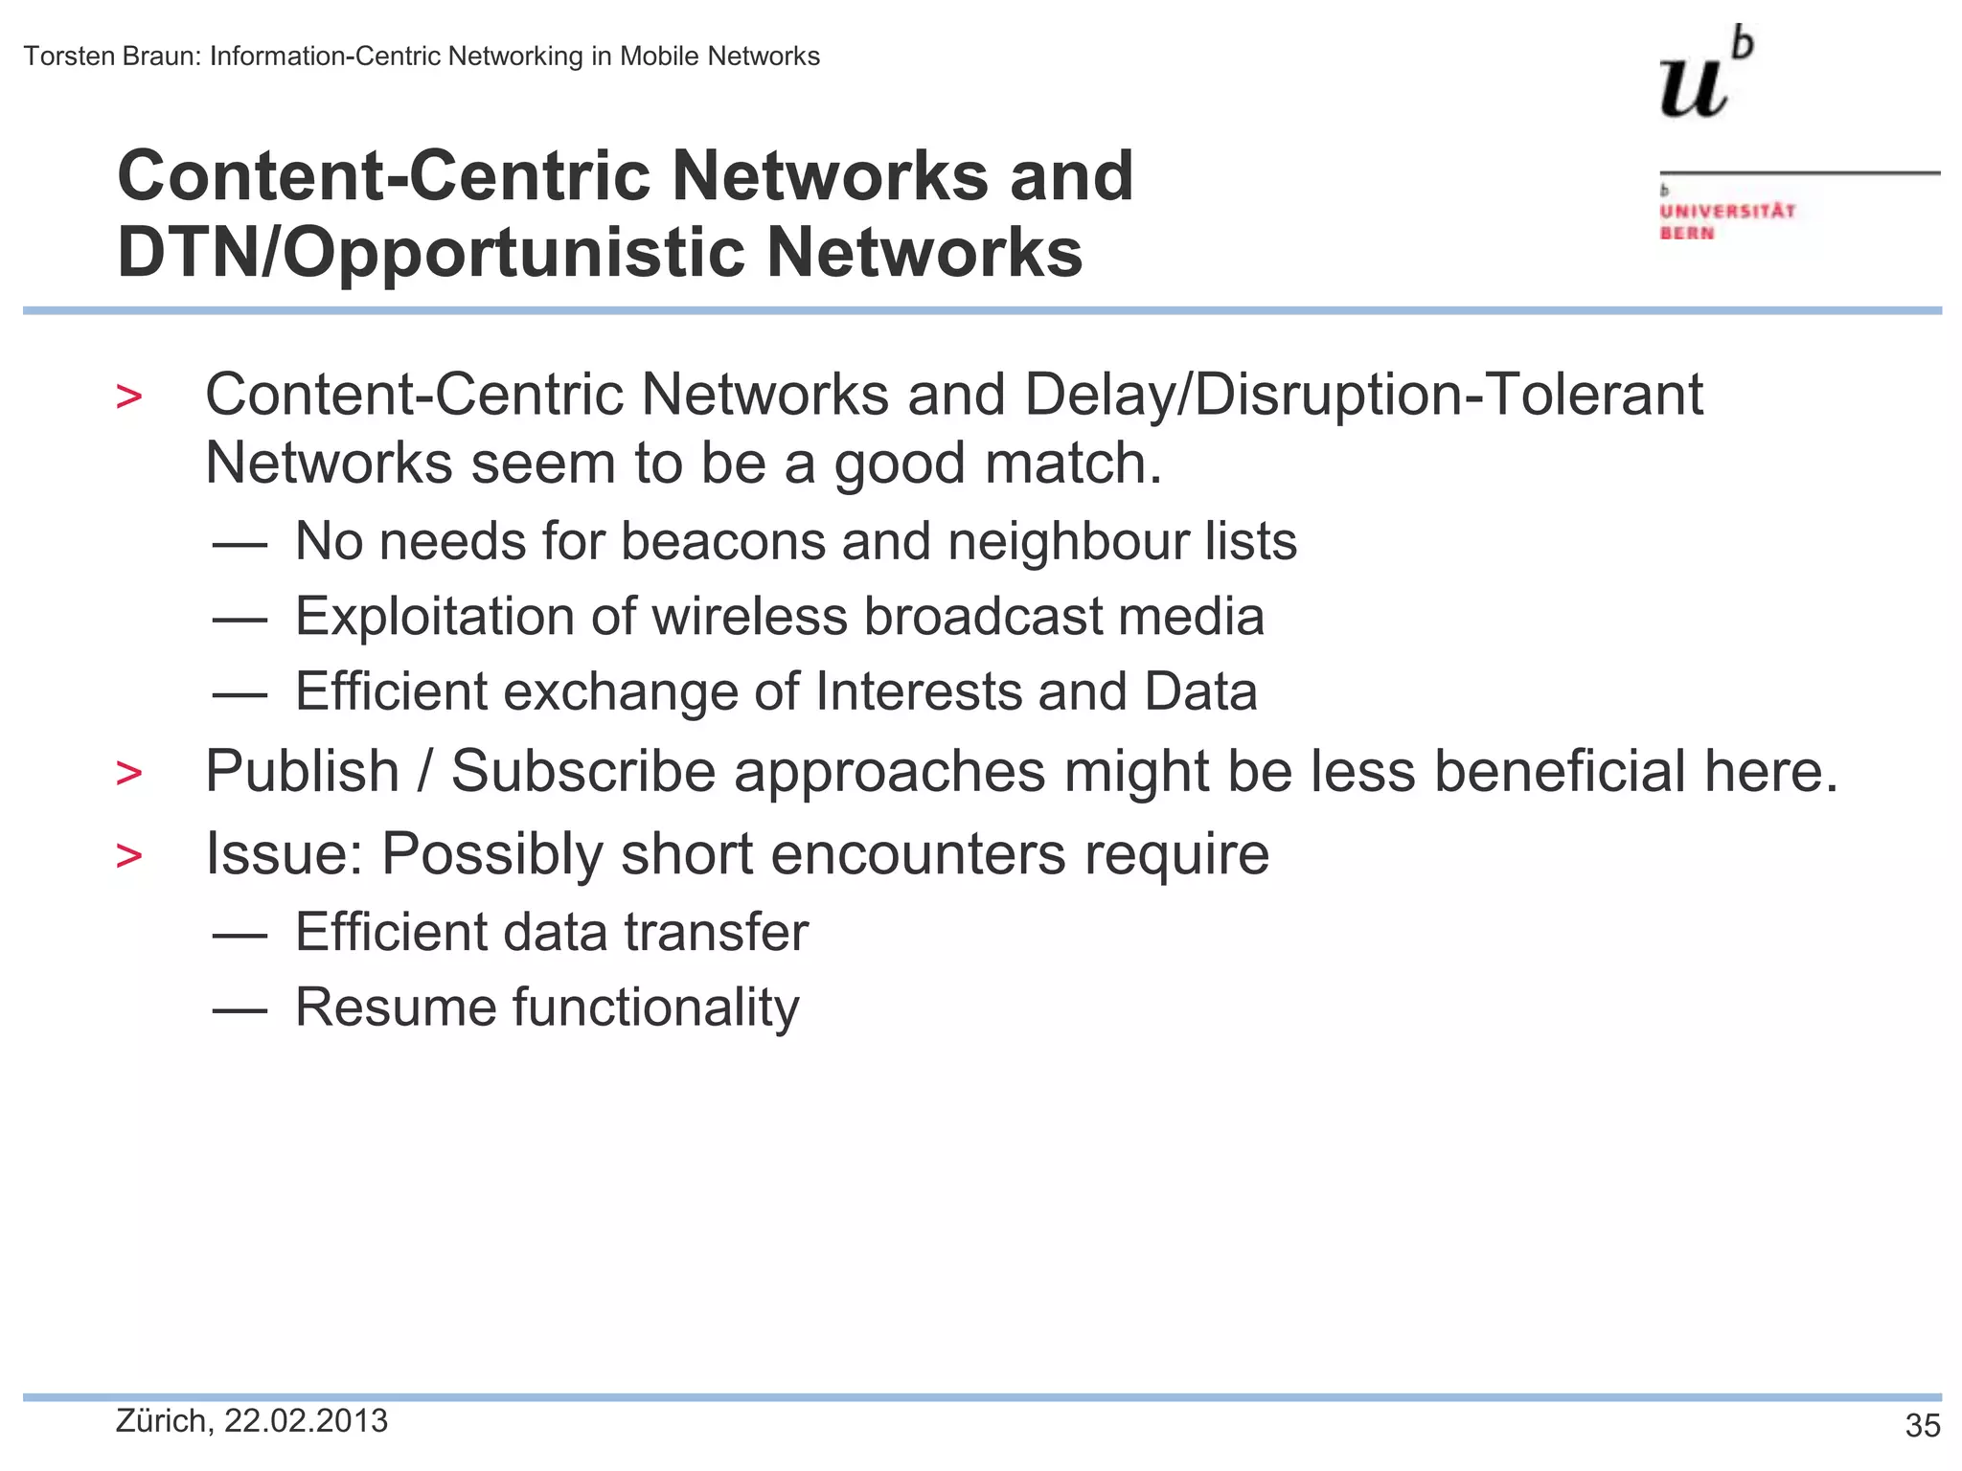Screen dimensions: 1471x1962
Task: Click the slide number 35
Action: coord(1923,1426)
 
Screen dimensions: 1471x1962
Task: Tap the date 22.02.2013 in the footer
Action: coord(306,1421)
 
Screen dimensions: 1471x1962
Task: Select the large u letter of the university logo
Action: coord(1694,86)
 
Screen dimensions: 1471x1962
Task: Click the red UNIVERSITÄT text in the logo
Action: coord(1727,211)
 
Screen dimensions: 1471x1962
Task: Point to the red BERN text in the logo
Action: coord(1686,233)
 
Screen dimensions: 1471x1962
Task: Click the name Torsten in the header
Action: coord(66,57)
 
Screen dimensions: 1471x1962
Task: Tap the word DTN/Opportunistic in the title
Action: coord(430,253)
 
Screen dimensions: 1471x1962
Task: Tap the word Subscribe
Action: coord(583,771)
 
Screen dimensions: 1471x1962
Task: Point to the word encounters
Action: coord(918,853)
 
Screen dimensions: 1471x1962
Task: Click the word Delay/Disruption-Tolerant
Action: coord(1363,395)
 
